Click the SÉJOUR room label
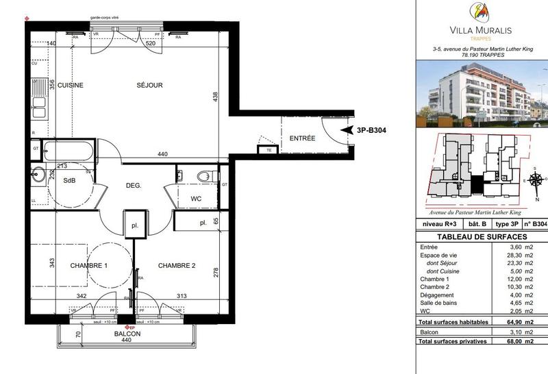(x=149, y=86)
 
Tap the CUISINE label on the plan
(x=70, y=86)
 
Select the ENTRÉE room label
(x=302, y=138)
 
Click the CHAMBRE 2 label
(x=177, y=265)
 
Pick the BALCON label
(x=128, y=334)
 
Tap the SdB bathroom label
(x=69, y=181)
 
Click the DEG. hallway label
(x=133, y=186)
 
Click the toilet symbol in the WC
(x=204, y=177)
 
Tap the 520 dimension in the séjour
(x=150, y=43)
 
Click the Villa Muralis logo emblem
(x=480, y=12)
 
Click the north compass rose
(x=534, y=179)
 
